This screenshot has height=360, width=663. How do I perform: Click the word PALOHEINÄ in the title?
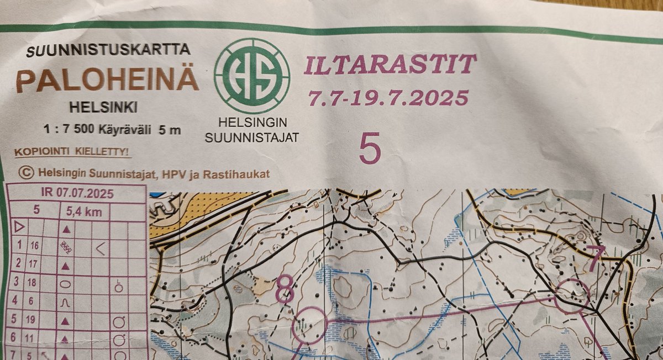click(107, 82)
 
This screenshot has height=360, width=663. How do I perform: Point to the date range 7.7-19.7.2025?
click(388, 98)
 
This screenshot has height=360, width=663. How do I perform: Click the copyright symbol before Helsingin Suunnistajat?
click(24, 172)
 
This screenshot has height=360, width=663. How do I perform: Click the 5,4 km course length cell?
click(80, 210)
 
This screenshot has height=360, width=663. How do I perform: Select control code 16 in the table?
click(35, 246)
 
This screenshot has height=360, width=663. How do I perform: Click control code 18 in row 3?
click(35, 283)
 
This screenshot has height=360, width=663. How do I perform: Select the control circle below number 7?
click(572, 297)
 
